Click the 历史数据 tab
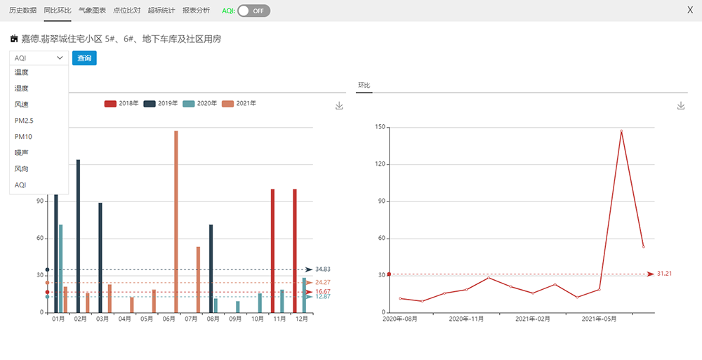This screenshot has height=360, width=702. tap(23, 11)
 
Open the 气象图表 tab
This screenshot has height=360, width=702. tap(92, 11)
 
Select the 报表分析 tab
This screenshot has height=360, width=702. tap(196, 11)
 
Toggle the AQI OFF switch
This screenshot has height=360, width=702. tap(253, 11)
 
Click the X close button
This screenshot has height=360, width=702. tap(689, 11)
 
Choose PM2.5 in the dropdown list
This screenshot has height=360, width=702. tap(24, 121)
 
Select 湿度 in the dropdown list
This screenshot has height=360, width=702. tap(21, 88)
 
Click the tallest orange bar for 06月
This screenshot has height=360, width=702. tap(175, 221)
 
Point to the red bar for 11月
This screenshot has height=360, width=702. tap(273, 250)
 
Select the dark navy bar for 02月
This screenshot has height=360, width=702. tap(78, 235)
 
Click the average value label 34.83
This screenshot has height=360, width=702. tap(323, 269)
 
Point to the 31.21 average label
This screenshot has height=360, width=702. tap(664, 274)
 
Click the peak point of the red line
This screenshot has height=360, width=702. tap(621, 131)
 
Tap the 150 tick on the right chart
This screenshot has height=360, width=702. tap(380, 128)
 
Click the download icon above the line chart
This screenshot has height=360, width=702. tap(680, 105)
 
